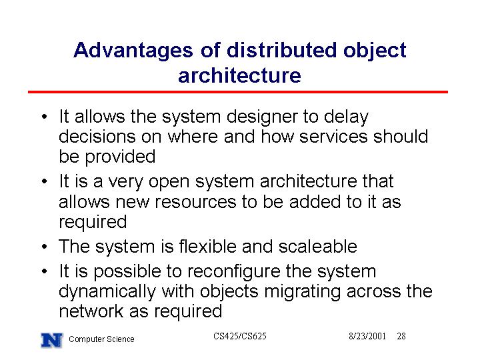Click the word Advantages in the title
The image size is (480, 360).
click(133, 51)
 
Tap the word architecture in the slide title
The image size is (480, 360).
click(240, 75)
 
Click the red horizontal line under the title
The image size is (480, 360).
click(238, 92)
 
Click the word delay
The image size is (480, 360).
click(346, 118)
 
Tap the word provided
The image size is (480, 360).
click(120, 157)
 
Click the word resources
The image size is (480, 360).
click(195, 203)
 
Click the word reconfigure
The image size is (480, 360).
click(233, 273)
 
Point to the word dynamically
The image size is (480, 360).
click(107, 293)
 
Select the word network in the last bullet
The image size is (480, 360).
click(91, 311)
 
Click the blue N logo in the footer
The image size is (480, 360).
click(52, 340)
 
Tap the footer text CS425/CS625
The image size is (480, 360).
click(240, 336)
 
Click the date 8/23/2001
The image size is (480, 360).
click(367, 337)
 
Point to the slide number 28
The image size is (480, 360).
click(401, 337)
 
